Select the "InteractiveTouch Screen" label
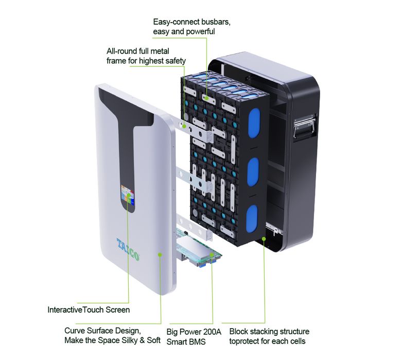(x=89, y=310)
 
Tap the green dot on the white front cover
(x=161, y=255)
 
